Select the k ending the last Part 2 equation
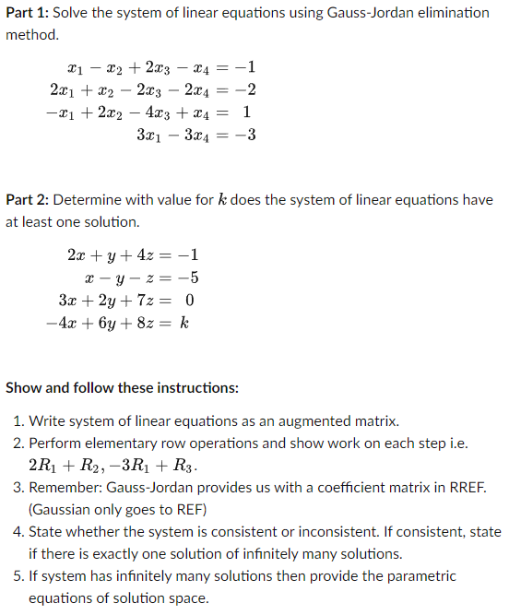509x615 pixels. [185, 324]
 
